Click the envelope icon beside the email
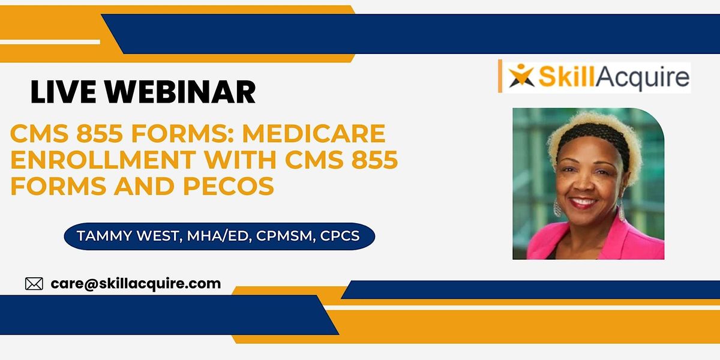pos(34,284)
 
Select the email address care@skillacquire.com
pos(136,283)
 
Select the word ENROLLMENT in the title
pos(85,160)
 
